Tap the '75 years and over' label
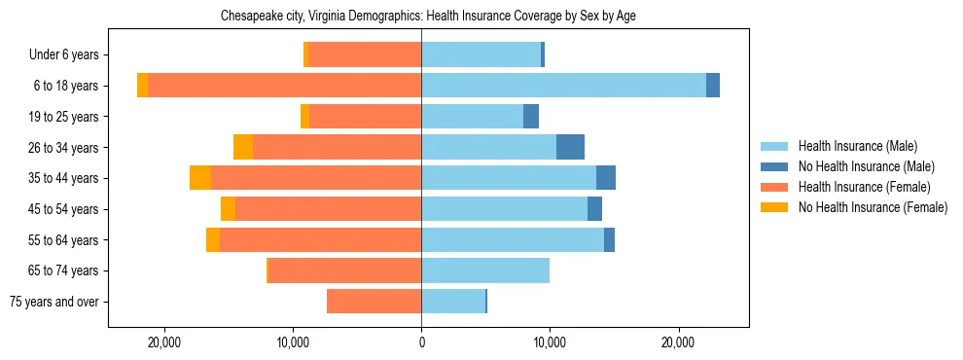tap(54, 302)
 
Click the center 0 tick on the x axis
tap(421, 342)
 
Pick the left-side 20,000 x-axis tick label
tap(164, 342)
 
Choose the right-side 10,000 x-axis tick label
tap(550, 342)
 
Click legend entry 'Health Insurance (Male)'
tap(857, 146)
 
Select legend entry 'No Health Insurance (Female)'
tap(873, 207)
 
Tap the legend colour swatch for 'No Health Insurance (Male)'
tap(775, 166)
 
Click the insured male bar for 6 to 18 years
tap(563, 86)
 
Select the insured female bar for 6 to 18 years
tap(284, 86)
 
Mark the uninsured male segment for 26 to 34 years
tap(570, 147)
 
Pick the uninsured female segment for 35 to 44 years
tap(200, 178)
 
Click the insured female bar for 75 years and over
tap(374, 302)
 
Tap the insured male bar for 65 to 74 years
tap(485, 270)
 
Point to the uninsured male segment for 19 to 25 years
tap(531, 117)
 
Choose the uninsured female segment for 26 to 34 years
tap(243, 147)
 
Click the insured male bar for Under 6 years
tap(481, 55)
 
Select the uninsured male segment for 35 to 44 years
tap(606, 178)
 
